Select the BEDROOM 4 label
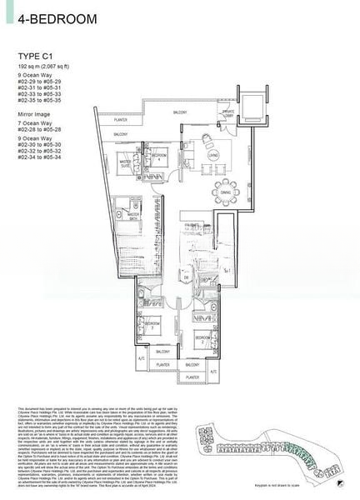pos(159,156)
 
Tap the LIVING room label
pos(212,155)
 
